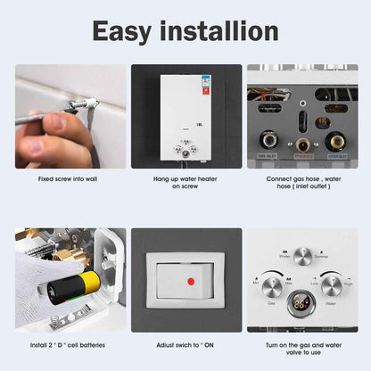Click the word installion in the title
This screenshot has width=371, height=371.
[x=222, y=31]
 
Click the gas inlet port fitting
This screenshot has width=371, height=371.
[x=267, y=140]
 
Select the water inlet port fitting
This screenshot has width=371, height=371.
[x=338, y=140]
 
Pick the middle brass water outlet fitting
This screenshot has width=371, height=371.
[x=302, y=143]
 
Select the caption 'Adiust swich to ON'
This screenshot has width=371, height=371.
[x=185, y=344]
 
